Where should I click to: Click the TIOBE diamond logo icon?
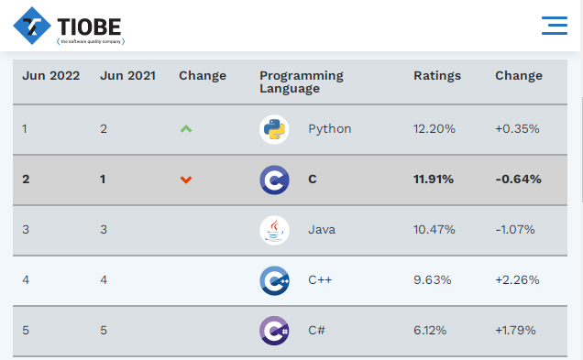pos(32,26)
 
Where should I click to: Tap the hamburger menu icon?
pos(555,26)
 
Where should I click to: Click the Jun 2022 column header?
pos(51,76)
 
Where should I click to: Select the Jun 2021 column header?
pos(128,76)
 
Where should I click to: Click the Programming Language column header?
pos(302,82)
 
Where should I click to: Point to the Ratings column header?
pos(437,76)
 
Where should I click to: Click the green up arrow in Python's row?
pos(186,129)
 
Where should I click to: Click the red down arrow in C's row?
pos(186,180)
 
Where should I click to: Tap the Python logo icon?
pos(274,129)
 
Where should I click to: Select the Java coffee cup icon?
pos(274,230)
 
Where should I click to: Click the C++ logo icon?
pos(274,280)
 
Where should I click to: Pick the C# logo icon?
pos(274,331)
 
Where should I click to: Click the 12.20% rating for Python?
pos(434,129)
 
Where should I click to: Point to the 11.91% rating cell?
pos(434,180)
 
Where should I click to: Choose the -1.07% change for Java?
pos(515,230)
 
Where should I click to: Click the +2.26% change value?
pos(517,279)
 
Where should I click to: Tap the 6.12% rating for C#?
pos(430,331)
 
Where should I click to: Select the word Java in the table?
pos(322,230)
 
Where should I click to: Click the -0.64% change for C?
pos(518,180)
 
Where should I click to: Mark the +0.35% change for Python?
pos(517,129)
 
